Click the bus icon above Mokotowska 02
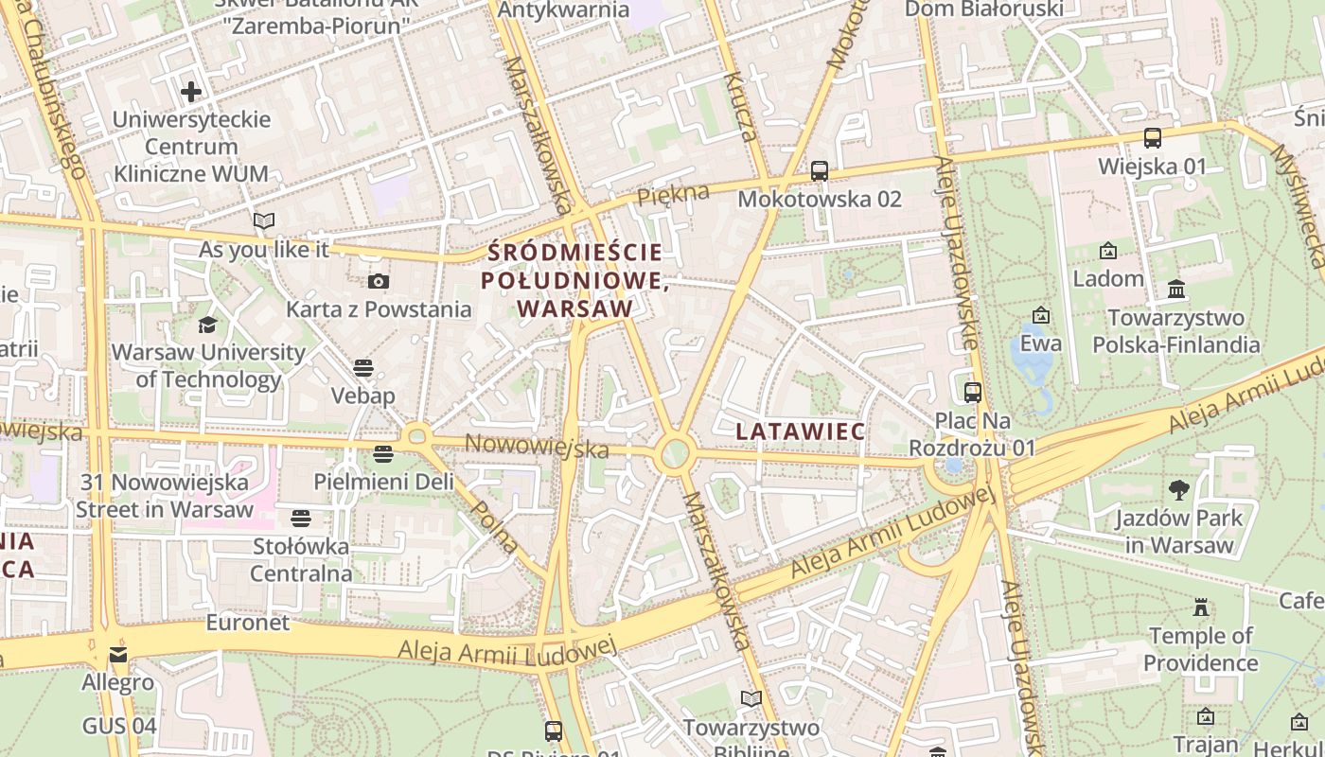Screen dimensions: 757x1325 820,171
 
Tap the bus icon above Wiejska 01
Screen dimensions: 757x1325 1153,138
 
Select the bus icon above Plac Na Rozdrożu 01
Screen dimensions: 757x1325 972,392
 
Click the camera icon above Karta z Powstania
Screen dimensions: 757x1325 379,281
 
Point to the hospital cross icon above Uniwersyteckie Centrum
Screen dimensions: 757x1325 191,92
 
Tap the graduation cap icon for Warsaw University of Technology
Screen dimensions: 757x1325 207,325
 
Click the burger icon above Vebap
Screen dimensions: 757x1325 363,367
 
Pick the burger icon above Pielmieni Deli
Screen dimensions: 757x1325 382,454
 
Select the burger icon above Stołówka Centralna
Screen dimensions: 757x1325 301,518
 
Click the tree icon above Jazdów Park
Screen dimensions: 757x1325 1178,489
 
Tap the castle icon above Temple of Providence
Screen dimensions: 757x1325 1201,607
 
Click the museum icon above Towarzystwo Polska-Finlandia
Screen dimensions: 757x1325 1176,289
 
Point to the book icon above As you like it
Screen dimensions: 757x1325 264,221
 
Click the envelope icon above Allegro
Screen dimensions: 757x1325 117,654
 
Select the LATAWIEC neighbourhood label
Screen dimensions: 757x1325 800,431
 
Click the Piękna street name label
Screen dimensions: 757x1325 673,195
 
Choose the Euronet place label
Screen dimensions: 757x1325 248,623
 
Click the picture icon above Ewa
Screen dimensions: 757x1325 1041,315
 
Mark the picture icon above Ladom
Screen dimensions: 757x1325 1107,251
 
